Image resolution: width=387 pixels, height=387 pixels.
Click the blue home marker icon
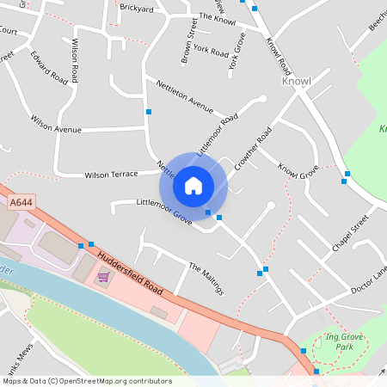coord(193,185)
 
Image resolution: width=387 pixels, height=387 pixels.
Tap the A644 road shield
coord(21,203)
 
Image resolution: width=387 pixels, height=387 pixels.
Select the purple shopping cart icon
coord(104,276)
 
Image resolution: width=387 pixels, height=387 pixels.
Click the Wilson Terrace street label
coord(111,175)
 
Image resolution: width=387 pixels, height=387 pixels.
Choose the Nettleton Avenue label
coord(184,95)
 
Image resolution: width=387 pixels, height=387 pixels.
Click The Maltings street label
coord(206,279)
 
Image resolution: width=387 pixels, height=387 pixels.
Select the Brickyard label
coord(136,8)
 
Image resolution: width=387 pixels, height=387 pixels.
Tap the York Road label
coord(211,50)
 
